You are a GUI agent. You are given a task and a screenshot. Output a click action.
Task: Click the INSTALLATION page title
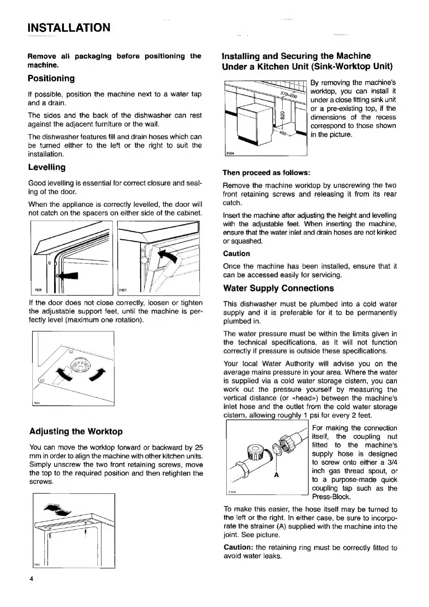click(x=69, y=28)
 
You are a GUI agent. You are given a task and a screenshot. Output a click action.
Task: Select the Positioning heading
click(x=51, y=79)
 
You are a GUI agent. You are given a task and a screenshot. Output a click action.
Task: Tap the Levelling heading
click(x=47, y=168)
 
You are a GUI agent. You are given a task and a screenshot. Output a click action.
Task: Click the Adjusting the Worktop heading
click(x=76, y=431)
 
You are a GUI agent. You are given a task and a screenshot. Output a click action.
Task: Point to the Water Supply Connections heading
click(x=279, y=288)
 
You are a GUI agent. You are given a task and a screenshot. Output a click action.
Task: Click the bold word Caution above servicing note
click(x=236, y=254)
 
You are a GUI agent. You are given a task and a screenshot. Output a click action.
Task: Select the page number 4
click(x=31, y=579)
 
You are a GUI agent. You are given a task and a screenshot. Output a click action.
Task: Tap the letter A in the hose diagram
click(x=276, y=475)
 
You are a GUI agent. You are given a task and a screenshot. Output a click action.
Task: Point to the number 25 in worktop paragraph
click(x=199, y=448)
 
